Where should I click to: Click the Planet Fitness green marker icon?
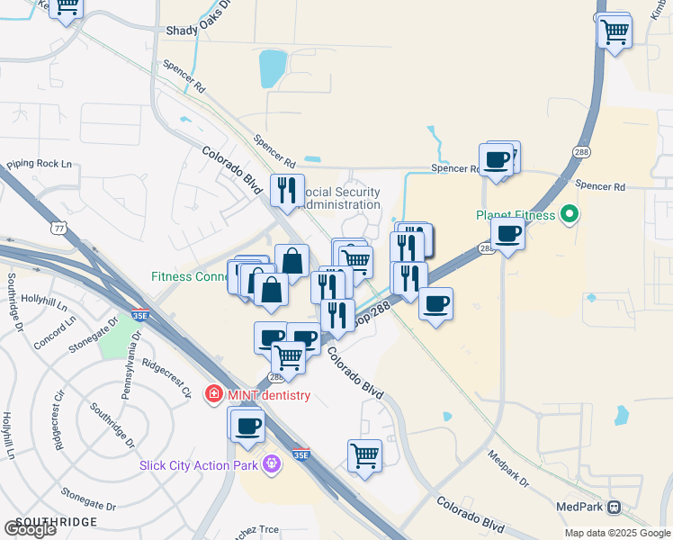tap(569, 215)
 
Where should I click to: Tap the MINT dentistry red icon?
tap(213, 394)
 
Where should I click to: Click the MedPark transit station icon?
tap(615, 507)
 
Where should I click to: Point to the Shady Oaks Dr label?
tap(199, 30)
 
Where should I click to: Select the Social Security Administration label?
tap(338, 198)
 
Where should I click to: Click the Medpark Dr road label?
tap(508, 469)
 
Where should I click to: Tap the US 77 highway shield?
tap(59, 228)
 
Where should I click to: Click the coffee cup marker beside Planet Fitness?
tap(508, 234)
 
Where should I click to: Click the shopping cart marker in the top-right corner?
tap(615, 32)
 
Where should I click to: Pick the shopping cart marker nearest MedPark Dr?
tap(364, 454)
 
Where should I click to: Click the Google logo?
tap(30, 529)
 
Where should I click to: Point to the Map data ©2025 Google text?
tap(616, 533)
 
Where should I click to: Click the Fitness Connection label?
tap(190, 277)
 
